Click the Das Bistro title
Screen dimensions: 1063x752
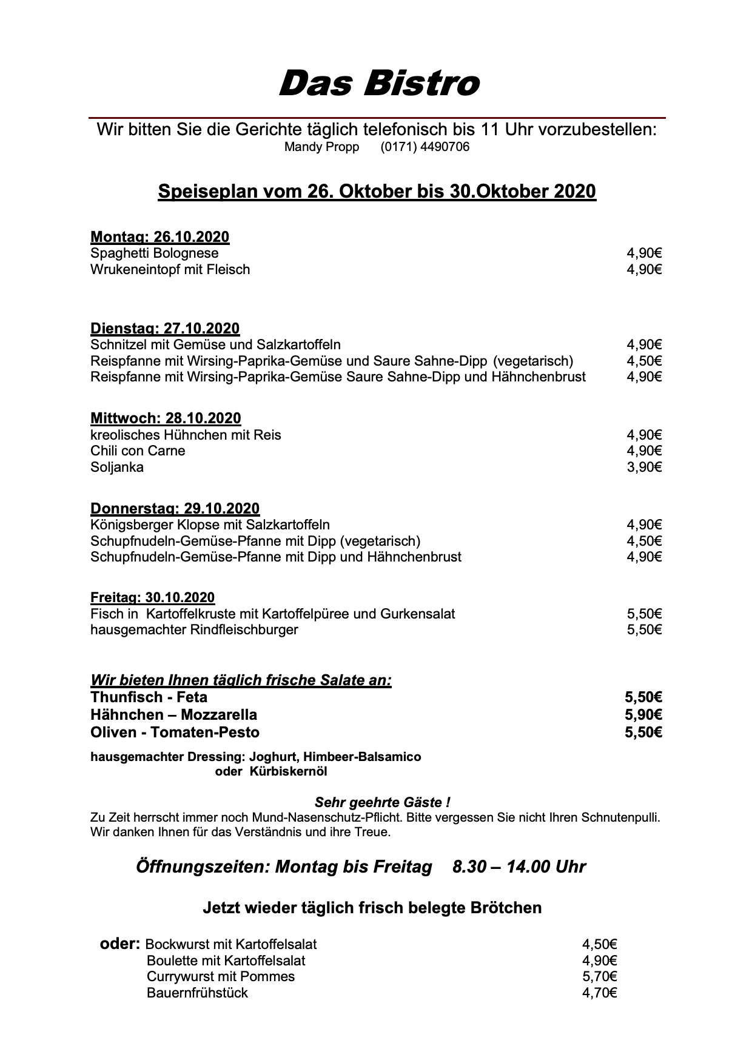pos(378,83)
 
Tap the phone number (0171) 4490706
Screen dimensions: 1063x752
pos(425,147)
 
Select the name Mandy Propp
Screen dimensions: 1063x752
pos(321,147)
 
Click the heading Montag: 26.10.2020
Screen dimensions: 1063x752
pos(159,237)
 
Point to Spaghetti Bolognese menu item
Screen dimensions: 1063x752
pos(154,253)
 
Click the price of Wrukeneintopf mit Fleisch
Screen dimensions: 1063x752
pos(644,269)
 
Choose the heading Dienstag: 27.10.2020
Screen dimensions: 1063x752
pos(165,329)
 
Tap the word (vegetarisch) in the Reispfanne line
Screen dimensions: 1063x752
pos(533,361)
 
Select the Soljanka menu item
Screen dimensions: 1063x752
pos(117,468)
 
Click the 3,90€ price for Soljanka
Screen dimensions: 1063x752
pos(644,468)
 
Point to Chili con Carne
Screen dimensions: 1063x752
pos(138,451)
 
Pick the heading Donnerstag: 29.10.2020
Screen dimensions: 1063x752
pos(175,509)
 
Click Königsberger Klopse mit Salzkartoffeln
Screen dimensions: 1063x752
pos(210,525)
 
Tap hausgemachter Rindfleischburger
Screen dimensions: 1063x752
pos(194,630)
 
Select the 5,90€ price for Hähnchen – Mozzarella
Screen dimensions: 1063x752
pos(643,715)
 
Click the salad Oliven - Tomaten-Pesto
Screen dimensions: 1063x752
pos(175,733)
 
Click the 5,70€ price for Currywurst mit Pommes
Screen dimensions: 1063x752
pos(599,977)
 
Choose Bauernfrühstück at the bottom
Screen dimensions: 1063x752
pos(197,993)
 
